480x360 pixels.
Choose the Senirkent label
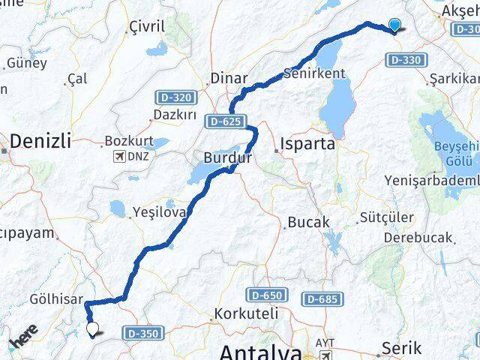pos(314,73)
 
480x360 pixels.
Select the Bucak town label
pos(308,223)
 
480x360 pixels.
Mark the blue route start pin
pos(395,25)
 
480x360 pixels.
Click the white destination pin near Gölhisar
pos(93,328)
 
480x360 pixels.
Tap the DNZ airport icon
pos(118,156)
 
